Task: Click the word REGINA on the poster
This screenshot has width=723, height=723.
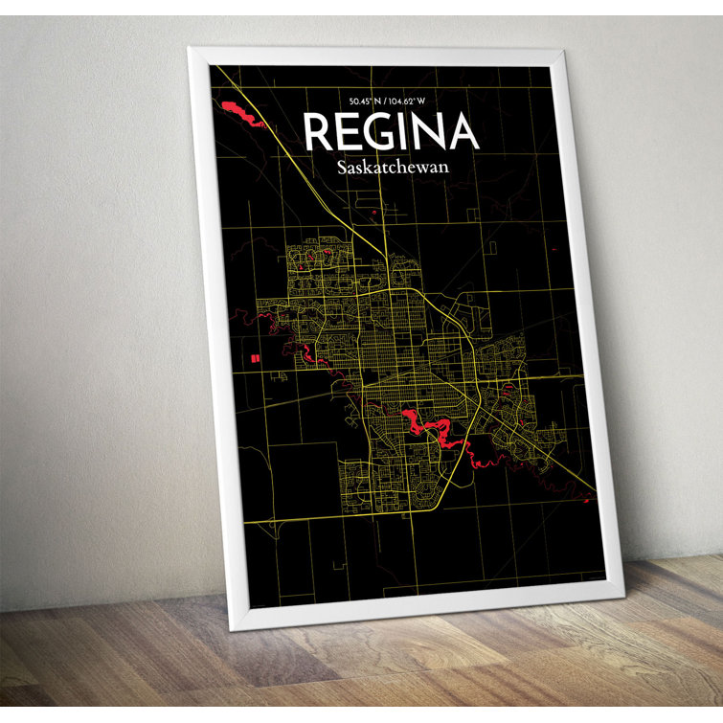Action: click(x=390, y=133)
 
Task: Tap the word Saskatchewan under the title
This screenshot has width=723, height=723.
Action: click(x=393, y=168)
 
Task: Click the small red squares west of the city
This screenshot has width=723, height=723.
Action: click(x=255, y=357)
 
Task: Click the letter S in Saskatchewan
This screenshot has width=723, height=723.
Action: click(x=343, y=168)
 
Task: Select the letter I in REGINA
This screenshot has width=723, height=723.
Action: click(x=406, y=133)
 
